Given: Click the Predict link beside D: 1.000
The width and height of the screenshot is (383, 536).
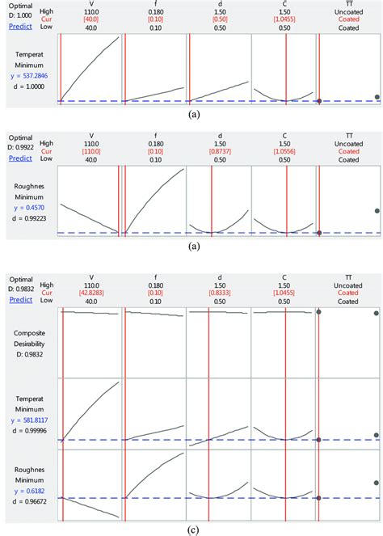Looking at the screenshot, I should [21, 26].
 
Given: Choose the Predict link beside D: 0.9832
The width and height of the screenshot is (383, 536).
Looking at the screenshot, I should [21, 300].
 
